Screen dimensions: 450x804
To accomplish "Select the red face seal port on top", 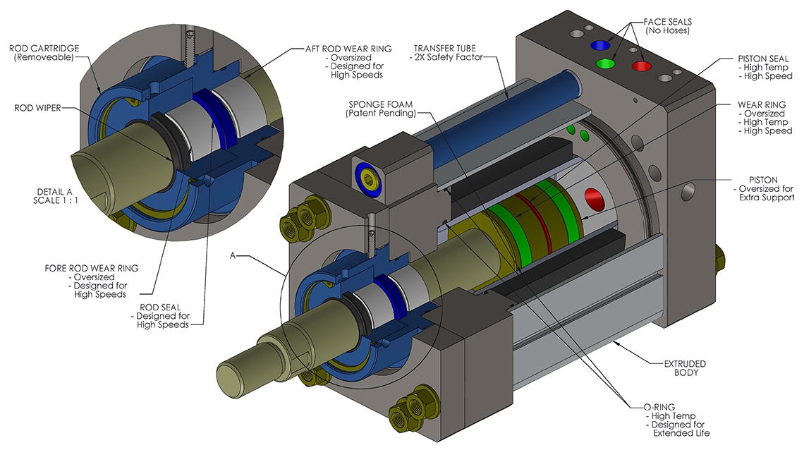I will [641, 66].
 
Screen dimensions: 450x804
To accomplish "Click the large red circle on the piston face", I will [595, 200].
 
